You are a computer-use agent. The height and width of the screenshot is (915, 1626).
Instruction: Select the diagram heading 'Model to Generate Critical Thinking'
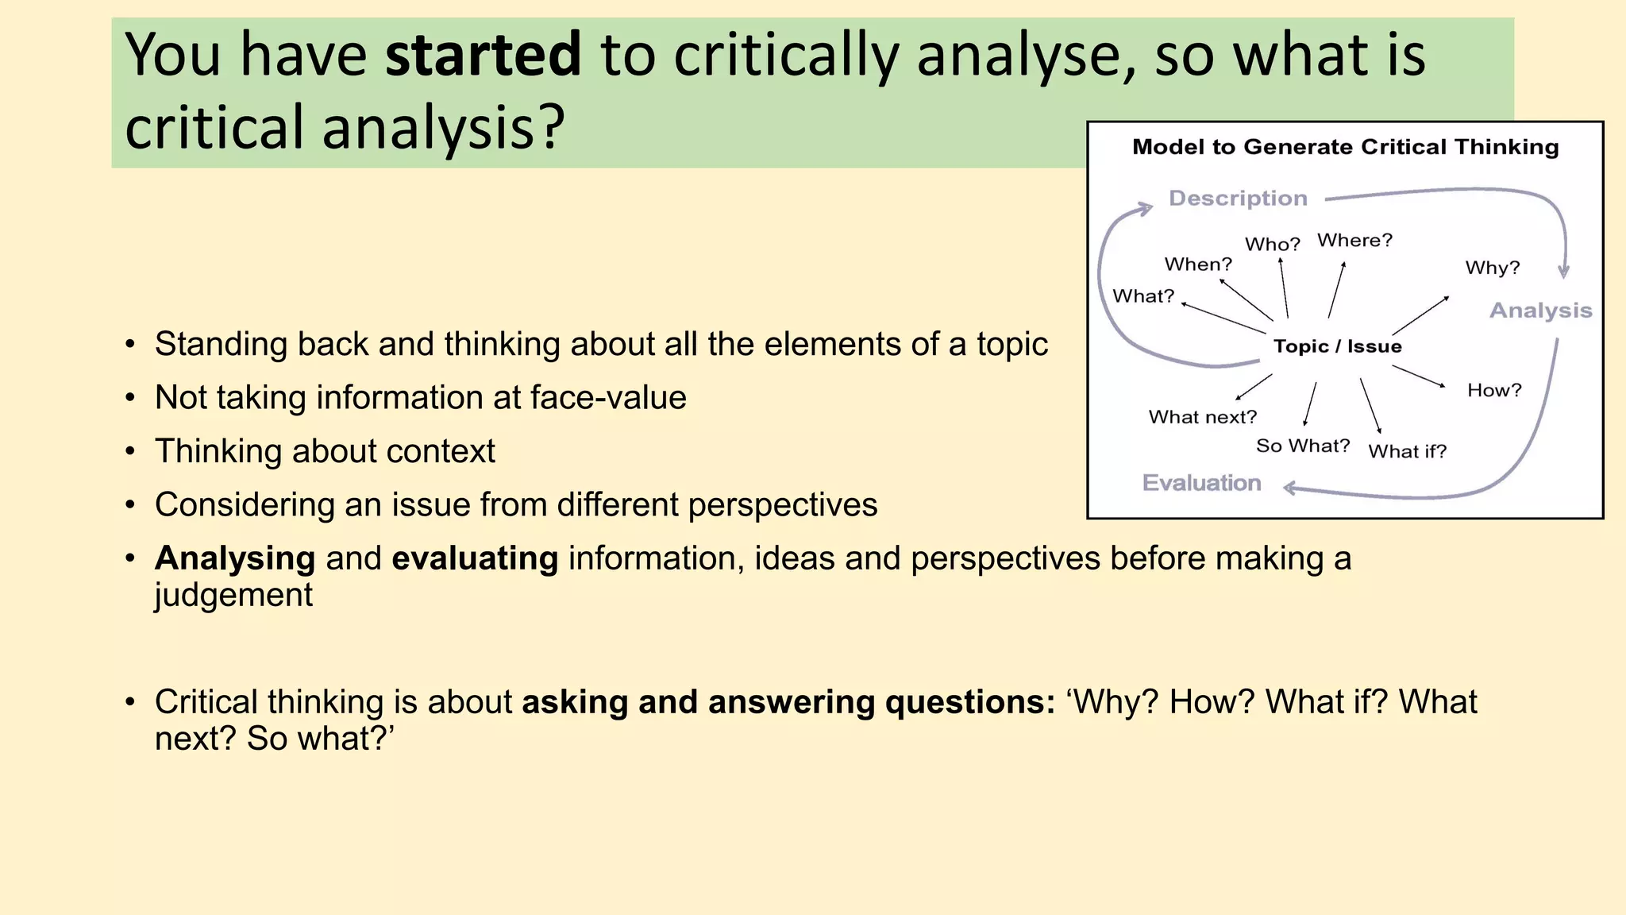coord(1345,147)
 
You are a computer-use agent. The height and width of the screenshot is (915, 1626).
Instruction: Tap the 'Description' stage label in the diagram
coord(1238,198)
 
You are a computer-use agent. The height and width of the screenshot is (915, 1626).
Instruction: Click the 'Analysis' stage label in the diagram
coord(1540,311)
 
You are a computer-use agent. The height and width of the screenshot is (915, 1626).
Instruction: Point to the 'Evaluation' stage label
coord(1201,483)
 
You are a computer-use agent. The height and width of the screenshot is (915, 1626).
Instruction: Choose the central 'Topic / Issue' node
coord(1338,346)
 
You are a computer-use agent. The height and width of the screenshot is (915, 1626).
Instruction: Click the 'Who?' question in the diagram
coord(1273,244)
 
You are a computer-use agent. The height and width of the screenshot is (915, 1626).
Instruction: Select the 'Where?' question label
coord(1354,240)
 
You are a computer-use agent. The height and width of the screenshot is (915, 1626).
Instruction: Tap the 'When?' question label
coord(1198,264)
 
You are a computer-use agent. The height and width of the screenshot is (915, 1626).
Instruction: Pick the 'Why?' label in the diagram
coord(1493,268)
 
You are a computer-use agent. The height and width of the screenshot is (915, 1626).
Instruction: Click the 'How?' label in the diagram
coord(1494,390)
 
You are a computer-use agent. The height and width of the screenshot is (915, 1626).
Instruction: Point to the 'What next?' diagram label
coord(1203,417)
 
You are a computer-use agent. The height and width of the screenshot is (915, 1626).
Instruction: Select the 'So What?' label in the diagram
coord(1303,446)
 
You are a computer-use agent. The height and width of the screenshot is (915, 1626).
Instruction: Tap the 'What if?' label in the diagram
coord(1408,451)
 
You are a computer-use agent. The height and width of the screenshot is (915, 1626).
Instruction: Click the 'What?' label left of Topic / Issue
coord(1143,296)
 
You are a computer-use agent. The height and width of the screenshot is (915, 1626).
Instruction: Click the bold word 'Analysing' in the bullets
coord(235,558)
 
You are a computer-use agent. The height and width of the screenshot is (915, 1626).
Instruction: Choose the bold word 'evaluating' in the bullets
coord(475,558)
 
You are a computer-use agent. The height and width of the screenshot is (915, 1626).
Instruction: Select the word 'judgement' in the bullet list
coord(233,595)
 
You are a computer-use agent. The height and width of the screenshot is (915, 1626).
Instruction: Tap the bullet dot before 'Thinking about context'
coord(130,452)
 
